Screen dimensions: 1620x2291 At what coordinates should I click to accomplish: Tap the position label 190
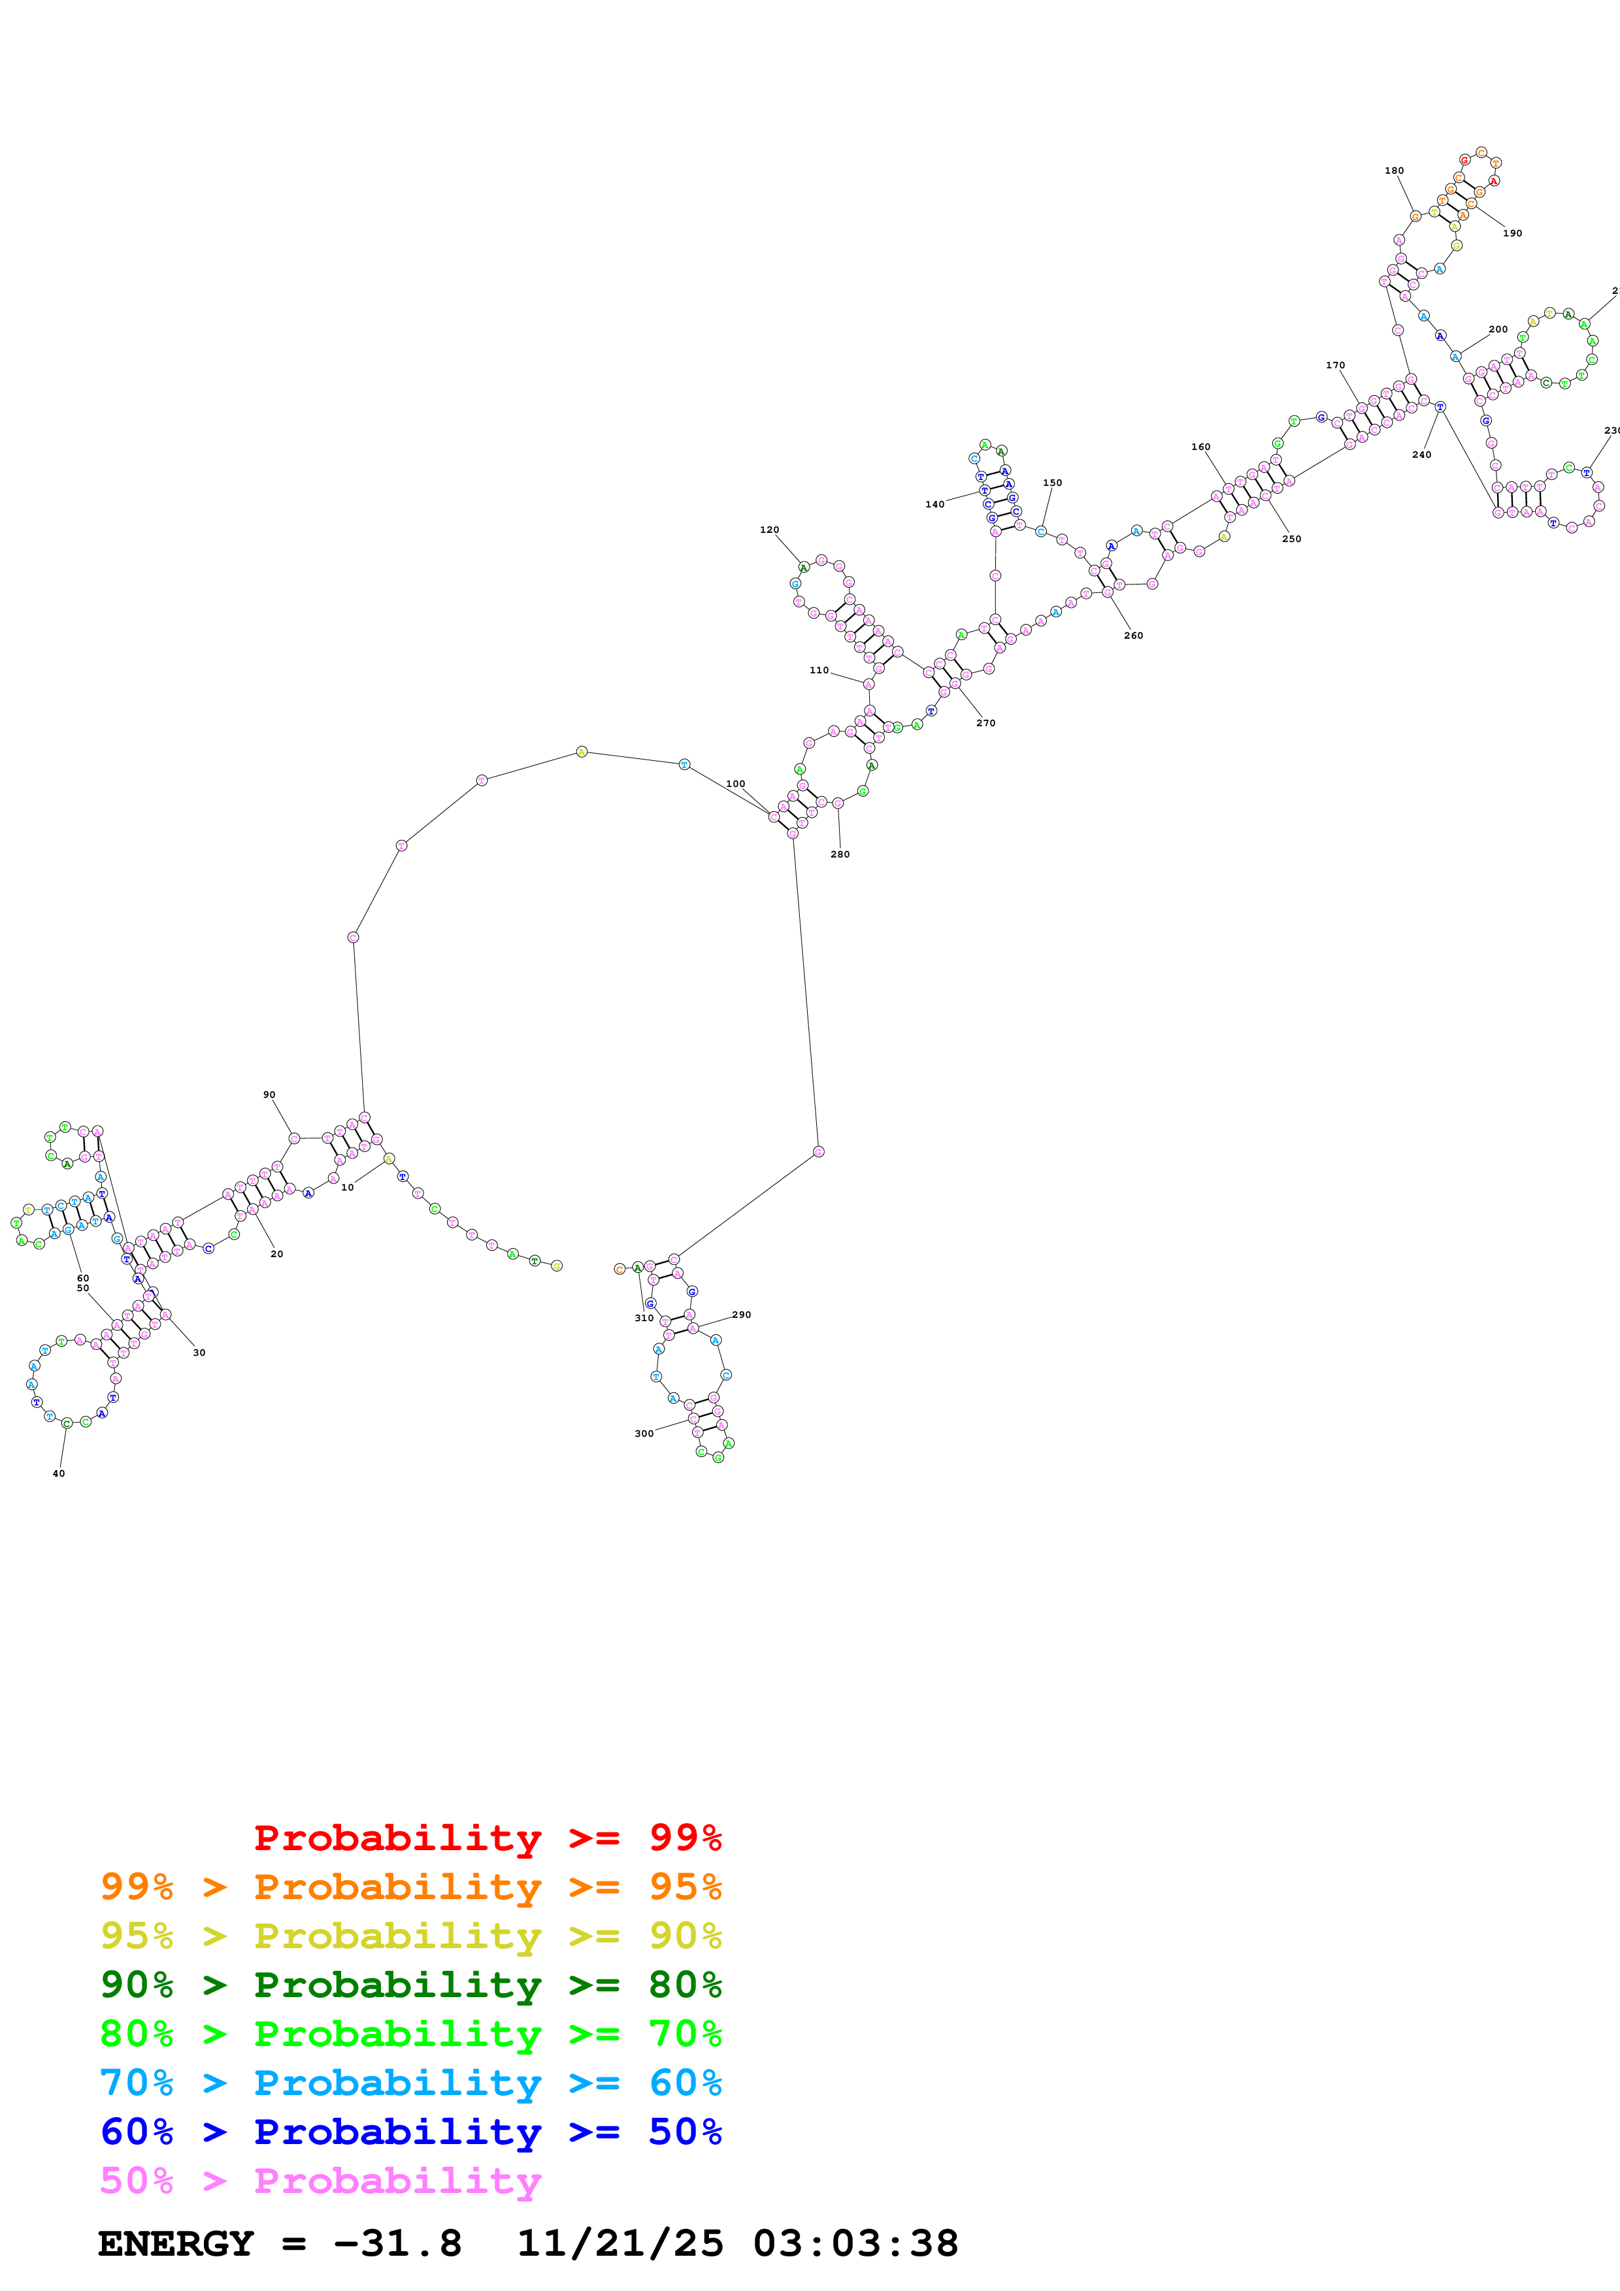click(x=1512, y=234)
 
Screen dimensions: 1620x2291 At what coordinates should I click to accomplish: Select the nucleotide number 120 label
click(x=769, y=530)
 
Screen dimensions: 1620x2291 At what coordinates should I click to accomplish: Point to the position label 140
click(x=934, y=504)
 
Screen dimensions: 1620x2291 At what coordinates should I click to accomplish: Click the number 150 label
click(x=1052, y=483)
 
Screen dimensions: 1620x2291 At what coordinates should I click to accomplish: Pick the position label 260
click(x=1133, y=635)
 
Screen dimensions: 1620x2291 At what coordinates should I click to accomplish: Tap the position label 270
click(x=985, y=722)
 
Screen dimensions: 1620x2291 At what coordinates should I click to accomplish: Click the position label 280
click(x=840, y=854)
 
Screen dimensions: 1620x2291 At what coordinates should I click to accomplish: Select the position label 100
click(x=736, y=784)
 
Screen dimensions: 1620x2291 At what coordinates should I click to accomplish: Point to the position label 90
click(x=269, y=1095)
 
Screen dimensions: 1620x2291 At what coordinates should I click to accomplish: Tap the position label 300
click(x=644, y=1434)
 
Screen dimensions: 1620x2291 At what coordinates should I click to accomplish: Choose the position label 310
click(x=644, y=1318)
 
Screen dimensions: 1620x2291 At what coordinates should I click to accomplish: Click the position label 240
click(x=1421, y=455)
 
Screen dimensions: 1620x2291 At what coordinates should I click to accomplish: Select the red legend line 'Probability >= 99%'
click(x=487, y=1838)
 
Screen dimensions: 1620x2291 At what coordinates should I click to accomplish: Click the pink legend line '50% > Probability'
click(x=320, y=2181)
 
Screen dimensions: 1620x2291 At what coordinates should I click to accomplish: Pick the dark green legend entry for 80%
click(x=410, y=1985)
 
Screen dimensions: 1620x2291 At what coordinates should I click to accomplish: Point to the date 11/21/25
click(x=620, y=2244)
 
